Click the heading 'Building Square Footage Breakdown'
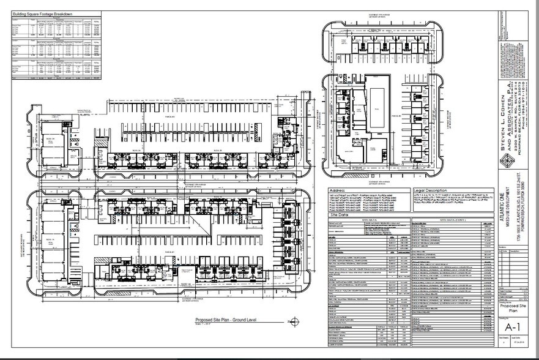pos(42,13)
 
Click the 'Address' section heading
pos(338,190)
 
